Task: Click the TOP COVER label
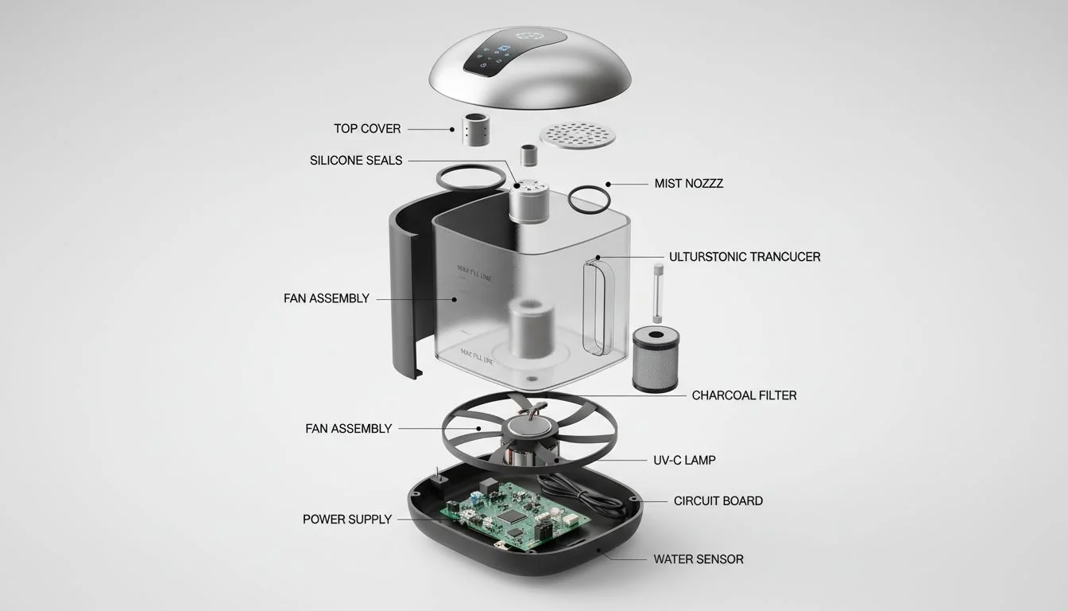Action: click(367, 129)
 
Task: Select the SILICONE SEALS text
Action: click(356, 161)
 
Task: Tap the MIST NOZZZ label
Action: click(688, 184)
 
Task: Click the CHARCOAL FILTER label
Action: click(744, 395)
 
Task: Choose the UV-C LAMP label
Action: click(683, 461)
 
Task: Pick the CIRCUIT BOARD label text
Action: click(718, 501)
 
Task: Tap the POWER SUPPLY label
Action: click(346, 520)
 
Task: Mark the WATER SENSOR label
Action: click(698, 559)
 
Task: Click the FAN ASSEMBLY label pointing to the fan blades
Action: click(348, 429)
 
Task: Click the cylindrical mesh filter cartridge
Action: click(656, 360)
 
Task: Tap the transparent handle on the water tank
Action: click(599, 306)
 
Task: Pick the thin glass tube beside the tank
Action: click(657, 291)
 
